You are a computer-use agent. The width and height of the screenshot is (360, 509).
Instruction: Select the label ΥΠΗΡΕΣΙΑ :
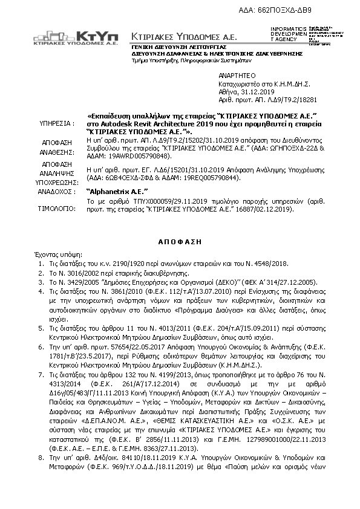click(56, 122)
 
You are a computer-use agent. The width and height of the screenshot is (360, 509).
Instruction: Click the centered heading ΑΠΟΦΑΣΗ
click(180, 239)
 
